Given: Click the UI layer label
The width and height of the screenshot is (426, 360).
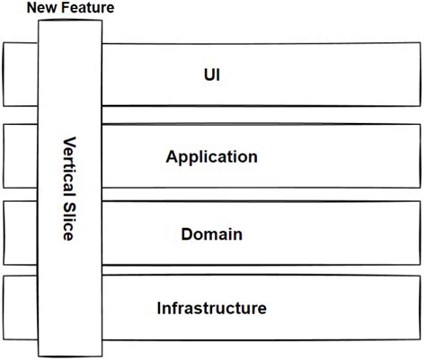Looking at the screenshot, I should coord(211,75).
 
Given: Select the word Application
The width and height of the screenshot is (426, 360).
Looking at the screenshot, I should coord(211,156).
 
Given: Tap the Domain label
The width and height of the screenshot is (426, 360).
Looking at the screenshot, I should coord(211,234).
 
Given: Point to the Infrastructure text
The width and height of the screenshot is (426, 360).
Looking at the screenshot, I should coord(211,309).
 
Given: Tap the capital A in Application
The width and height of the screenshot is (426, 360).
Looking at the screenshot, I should coord(172,156).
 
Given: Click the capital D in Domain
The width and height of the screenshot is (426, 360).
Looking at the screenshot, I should coord(187,234).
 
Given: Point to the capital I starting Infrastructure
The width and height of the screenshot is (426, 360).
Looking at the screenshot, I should coord(159,309).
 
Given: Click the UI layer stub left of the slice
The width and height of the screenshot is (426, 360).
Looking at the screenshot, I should coord(21,75).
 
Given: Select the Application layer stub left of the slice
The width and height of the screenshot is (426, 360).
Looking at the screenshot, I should coord(21,156).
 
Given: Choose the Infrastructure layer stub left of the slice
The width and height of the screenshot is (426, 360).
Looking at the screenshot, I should coord(21,309).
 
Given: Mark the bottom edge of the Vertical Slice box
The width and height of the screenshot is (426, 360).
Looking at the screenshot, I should coord(70,355).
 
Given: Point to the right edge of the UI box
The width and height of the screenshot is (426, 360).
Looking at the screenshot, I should coord(420,75).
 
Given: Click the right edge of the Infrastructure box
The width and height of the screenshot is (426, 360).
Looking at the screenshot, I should coord(420,309).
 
